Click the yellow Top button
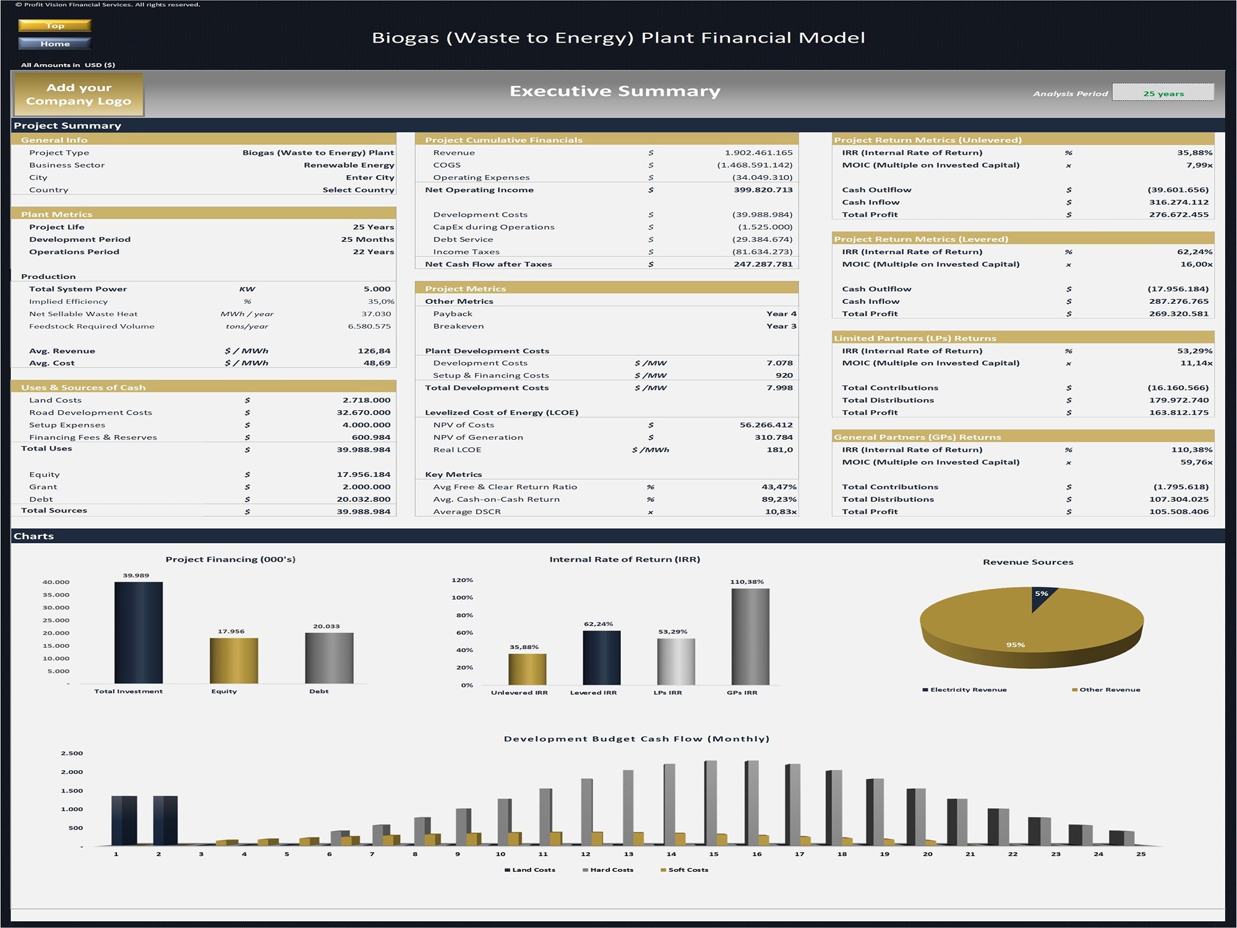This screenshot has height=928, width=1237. (x=55, y=25)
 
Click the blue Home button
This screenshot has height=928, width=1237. (x=55, y=43)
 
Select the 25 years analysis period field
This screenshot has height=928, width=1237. (x=1163, y=93)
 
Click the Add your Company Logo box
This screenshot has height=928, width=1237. (x=79, y=95)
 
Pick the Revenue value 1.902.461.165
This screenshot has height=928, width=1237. (x=758, y=153)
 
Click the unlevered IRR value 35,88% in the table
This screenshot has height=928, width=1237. (x=1194, y=153)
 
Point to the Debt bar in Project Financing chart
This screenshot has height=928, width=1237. (x=329, y=658)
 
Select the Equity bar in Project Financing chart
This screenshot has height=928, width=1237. (x=234, y=661)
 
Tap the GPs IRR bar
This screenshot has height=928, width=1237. (x=750, y=637)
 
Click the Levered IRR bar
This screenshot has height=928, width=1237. (x=601, y=658)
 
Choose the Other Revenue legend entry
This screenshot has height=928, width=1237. (x=1109, y=690)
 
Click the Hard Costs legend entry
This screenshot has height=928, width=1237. (x=611, y=870)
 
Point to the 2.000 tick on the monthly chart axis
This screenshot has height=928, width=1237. (x=72, y=772)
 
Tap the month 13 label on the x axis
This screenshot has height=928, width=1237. (x=628, y=854)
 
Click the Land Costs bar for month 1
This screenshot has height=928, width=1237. (x=124, y=820)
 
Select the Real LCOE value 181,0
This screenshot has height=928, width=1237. (x=779, y=450)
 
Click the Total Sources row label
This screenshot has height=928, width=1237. (x=54, y=510)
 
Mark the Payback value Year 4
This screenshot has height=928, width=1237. (x=781, y=314)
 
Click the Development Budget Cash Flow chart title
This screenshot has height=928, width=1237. (x=636, y=739)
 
